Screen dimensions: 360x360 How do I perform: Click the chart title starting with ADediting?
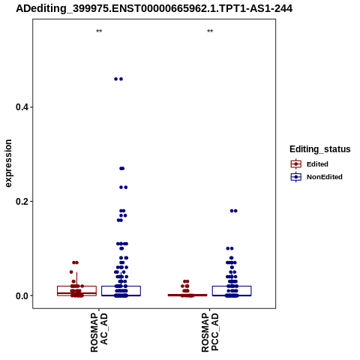coord(154,8)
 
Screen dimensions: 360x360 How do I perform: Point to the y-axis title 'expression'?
coord(8,163)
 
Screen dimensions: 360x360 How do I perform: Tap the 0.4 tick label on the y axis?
coord(21,107)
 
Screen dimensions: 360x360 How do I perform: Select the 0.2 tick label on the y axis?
coord(21,201)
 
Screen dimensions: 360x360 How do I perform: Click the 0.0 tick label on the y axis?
coord(21,295)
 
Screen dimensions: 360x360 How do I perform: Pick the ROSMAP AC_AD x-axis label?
coord(99,332)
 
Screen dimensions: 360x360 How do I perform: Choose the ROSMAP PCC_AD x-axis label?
coord(210,332)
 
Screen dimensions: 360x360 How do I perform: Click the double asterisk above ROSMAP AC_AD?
coord(99,31)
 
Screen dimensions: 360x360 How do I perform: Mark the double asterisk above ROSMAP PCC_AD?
coord(210,31)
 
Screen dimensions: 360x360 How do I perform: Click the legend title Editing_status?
coord(320,149)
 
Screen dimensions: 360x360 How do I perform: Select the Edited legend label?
coord(317,164)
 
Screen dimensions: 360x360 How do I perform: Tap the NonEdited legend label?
coord(325,177)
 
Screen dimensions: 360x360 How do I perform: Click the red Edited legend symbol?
coord(296,164)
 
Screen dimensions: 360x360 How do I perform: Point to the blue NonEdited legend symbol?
coord(296,177)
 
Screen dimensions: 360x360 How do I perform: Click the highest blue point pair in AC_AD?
coord(118,79)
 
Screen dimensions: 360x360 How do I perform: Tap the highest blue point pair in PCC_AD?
coord(234,211)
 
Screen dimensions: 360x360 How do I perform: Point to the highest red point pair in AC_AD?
coord(75,262)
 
